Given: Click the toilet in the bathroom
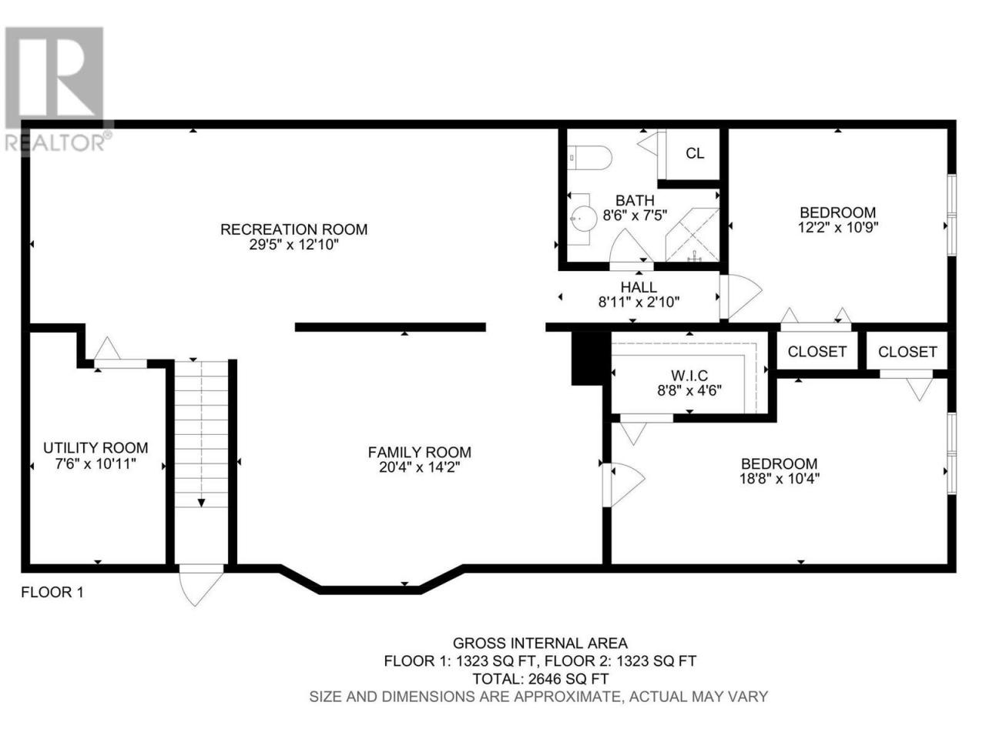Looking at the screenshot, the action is point(589,158).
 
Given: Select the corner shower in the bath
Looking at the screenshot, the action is point(692,234).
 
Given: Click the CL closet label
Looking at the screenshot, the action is point(695,153).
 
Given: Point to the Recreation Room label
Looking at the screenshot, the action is point(293,229).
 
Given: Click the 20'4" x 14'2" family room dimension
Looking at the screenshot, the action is point(419,467).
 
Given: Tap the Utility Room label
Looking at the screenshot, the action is point(96,448).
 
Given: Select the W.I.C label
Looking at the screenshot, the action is point(689,375).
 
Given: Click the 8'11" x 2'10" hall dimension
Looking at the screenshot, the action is point(639,302).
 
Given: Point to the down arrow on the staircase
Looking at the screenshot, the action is point(201,503).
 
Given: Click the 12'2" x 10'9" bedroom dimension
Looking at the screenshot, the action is point(838,227).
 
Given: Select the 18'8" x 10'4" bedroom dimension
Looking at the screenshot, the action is point(780,478).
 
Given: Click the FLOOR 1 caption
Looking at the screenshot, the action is point(52,592).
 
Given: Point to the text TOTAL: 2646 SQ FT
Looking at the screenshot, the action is point(541,678).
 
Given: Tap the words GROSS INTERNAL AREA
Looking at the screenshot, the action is point(540,643).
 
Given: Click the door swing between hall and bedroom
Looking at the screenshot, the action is point(740,296).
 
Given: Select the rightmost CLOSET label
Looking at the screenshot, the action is point(907,352).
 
